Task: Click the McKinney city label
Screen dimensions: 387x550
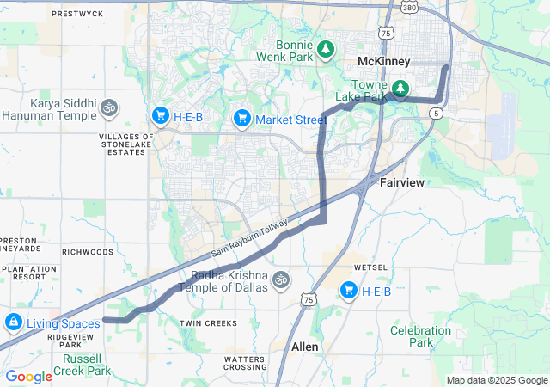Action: click(x=384, y=61)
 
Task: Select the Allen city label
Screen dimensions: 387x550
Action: click(x=305, y=347)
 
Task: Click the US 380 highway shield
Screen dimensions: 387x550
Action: click(x=409, y=8)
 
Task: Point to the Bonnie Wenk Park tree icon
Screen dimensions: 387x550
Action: click(x=325, y=49)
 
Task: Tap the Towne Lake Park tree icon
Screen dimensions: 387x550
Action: click(x=400, y=89)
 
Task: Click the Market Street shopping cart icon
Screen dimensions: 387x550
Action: click(x=242, y=117)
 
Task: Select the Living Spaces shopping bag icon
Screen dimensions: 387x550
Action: click(x=13, y=323)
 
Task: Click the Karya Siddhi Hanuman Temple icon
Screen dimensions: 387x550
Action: click(x=108, y=107)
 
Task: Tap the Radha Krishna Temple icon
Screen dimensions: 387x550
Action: click(x=279, y=280)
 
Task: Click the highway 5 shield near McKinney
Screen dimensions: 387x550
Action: click(x=437, y=113)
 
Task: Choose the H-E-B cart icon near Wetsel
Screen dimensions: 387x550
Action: click(x=348, y=291)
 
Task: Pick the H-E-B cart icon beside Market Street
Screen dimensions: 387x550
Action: click(x=160, y=115)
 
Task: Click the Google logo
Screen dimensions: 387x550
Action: click(x=28, y=376)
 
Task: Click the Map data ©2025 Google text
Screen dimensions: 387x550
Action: click(x=497, y=380)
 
